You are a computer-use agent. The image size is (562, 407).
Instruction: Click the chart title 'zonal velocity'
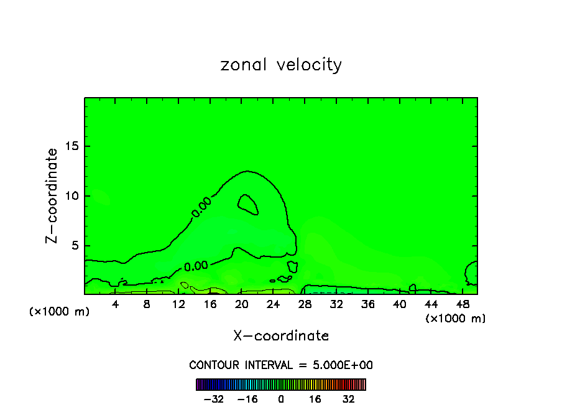[x=281, y=65]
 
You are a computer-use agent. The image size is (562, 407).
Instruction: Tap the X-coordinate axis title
[x=281, y=335]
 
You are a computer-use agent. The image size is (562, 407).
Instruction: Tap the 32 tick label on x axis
[x=336, y=304]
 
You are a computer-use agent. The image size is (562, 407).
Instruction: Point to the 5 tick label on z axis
[x=72, y=246]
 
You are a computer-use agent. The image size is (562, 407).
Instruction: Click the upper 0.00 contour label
[x=201, y=207]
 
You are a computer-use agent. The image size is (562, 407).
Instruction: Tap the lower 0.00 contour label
[x=196, y=266]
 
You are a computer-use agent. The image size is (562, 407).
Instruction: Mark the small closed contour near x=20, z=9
[x=248, y=203]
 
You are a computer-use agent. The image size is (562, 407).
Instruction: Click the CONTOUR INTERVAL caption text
[x=281, y=365]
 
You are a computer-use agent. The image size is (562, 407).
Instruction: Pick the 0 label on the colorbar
[x=281, y=400]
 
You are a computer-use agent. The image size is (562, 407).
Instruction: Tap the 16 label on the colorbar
[x=315, y=400]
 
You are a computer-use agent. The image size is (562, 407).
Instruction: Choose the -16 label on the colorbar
[x=247, y=400]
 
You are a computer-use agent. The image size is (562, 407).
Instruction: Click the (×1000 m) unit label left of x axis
[x=60, y=311]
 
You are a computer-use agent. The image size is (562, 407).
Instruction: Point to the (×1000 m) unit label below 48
[x=455, y=318]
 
